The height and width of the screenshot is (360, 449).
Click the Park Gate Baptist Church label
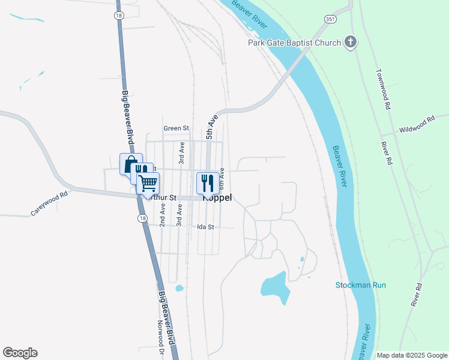coord(295,43)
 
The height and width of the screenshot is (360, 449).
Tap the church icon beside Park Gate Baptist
coord(351,42)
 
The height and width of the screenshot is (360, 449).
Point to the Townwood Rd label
coord(384,89)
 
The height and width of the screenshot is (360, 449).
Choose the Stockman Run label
coord(360,285)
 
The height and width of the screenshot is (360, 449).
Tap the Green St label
coord(176,128)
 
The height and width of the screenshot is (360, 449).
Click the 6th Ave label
coord(221,178)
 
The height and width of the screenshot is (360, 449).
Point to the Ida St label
coord(205,227)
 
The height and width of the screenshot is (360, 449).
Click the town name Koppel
coord(218,197)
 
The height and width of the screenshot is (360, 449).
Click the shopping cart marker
coord(148,183)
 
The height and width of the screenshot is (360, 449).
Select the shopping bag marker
coord(130,163)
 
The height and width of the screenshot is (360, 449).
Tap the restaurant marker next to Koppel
coord(208,182)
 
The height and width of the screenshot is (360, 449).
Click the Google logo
coord(20,353)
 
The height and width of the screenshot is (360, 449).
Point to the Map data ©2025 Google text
coord(412,355)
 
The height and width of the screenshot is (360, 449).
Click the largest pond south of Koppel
coord(274,284)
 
